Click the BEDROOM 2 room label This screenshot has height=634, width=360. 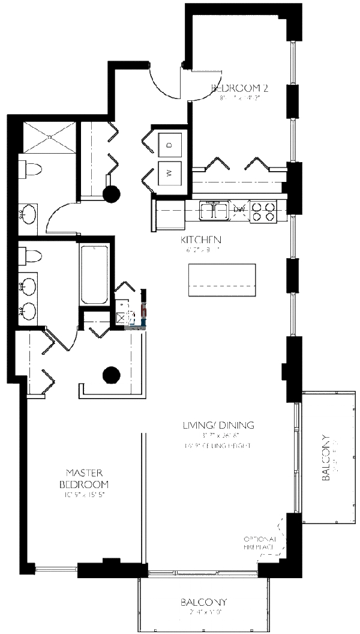click(239, 89)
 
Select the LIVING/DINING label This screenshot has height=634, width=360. click(218, 425)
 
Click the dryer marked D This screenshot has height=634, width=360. click(169, 145)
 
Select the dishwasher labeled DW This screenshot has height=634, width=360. click(239, 209)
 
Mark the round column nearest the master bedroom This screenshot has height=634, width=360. click(110, 376)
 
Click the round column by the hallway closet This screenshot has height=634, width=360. click(111, 193)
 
